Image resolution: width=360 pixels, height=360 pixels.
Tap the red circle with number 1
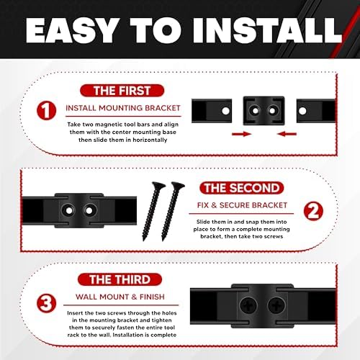47,111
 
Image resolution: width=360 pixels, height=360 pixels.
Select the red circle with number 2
313,211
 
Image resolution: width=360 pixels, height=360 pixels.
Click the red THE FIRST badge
122,91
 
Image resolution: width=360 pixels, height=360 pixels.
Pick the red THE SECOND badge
242,188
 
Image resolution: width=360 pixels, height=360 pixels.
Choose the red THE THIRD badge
120,279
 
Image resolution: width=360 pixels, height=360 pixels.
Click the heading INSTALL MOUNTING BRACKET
123,108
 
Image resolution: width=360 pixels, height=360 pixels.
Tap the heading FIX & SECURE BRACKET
242,205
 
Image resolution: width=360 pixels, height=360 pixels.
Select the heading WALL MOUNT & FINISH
120,297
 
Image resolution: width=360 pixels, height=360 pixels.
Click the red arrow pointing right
242,134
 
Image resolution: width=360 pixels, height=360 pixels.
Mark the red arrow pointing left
287,134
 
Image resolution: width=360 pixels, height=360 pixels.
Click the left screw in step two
153,211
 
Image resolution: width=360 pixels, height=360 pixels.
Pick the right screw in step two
172,211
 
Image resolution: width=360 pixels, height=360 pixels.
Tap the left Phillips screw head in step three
248,306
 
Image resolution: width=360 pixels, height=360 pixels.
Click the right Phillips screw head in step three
276,306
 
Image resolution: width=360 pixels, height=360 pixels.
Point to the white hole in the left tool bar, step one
225,111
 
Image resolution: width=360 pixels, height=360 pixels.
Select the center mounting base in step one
264,111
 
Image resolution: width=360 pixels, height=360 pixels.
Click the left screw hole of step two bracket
69,211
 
